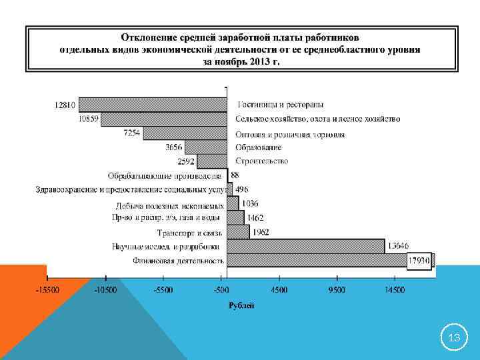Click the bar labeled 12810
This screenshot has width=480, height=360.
coord(153,105)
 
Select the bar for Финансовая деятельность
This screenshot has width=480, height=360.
coord(330,260)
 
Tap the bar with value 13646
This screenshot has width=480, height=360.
coord(306,246)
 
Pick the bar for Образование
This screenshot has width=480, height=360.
coord(206,147)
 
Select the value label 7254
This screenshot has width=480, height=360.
coord(132,133)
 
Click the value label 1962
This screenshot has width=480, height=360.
coord(261,232)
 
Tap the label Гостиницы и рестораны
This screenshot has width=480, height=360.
coord(281,105)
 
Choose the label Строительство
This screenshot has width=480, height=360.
coord(262,161)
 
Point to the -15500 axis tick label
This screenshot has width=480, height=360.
coord(47,291)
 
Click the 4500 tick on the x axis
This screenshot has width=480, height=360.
coord(279,291)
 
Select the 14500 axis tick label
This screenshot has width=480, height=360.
coord(395,291)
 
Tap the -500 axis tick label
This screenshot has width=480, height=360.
coord(221,291)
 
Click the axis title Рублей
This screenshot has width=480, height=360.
coord(241,305)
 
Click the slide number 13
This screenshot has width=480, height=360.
coord(455,339)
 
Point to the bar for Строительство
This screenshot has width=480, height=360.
coord(213,161)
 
